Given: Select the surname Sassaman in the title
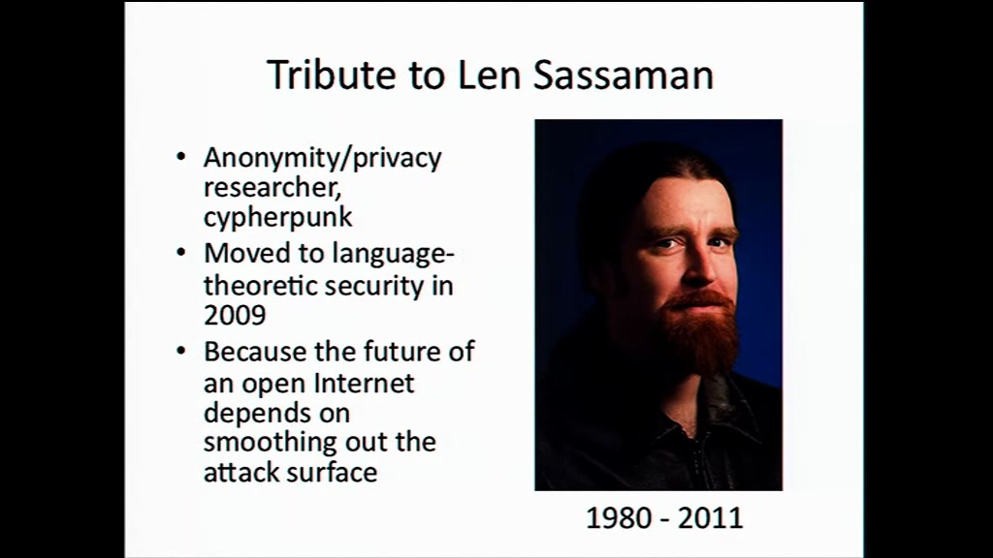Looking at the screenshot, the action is (624, 75).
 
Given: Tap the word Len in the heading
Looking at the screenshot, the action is (489, 75).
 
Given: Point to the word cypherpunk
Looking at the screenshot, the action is (278, 218).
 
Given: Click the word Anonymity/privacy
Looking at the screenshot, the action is (322, 158).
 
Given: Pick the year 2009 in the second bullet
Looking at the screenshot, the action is (235, 315).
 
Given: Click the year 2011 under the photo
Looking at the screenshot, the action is (710, 518).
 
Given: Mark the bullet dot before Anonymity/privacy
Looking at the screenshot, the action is (181, 156).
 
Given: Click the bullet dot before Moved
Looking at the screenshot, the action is (181, 253).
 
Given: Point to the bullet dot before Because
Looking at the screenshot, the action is (181, 351).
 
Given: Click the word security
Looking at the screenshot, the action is (374, 286).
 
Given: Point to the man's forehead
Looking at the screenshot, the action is (681, 201).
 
